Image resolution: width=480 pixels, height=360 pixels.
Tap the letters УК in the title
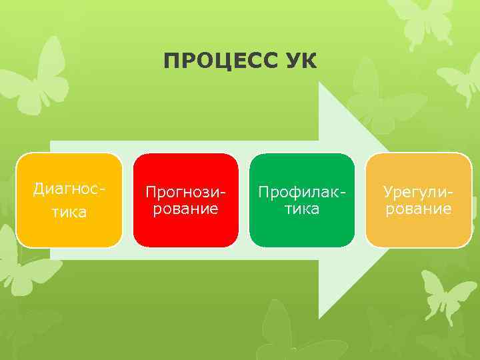(299, 62)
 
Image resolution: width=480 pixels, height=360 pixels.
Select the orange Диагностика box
(69, 200)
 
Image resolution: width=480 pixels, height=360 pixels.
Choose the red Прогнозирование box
(185, 200)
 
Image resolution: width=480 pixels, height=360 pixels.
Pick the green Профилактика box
(301, 200)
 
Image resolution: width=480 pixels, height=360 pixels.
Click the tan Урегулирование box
(418, 200)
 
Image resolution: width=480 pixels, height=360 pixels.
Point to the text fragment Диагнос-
(69, 189)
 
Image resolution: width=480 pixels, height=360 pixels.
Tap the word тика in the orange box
(69, 212)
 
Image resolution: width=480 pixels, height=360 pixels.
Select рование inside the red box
(185, 209)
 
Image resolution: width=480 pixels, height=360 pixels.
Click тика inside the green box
(301, 209)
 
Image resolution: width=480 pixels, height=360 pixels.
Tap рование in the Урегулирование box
(418, 209)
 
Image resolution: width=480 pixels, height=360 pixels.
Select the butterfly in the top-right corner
(427, 20)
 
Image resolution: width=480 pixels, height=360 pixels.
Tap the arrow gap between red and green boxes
(243, 200)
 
